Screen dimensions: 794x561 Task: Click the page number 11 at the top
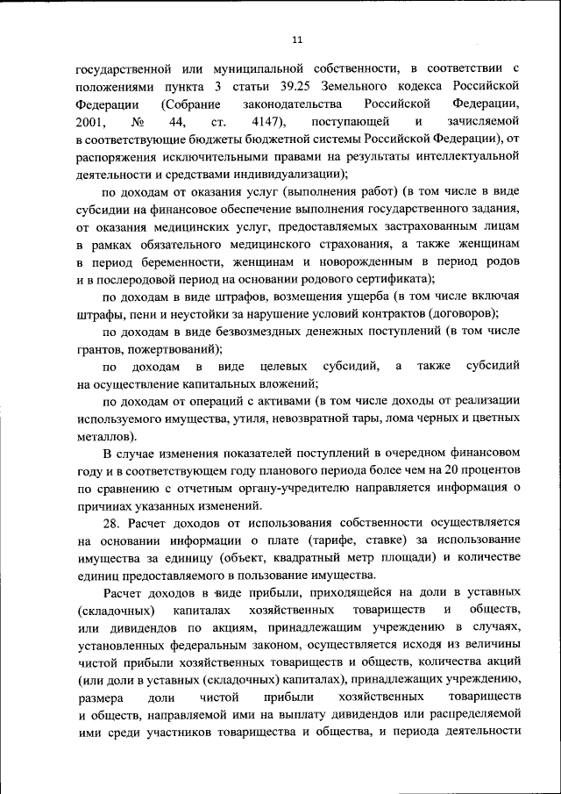(x=297, y=39)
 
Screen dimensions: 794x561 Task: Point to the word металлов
(x=103, y=436)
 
